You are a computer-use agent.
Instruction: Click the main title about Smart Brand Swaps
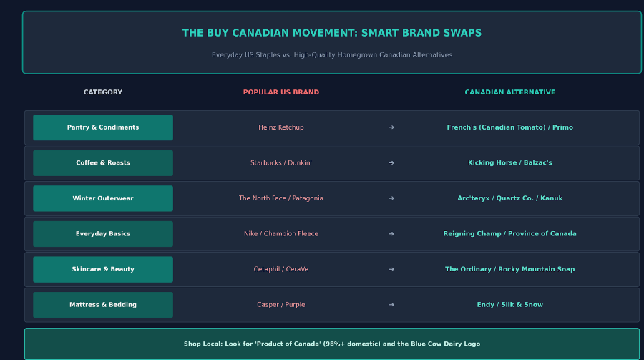(332, 33)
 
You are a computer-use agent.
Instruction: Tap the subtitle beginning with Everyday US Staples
(332, 54)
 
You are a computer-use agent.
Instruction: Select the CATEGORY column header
(103, 92)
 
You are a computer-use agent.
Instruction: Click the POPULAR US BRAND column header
(281, 92)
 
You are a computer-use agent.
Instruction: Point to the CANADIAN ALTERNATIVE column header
(509, 92)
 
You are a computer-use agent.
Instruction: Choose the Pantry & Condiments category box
(103, 127)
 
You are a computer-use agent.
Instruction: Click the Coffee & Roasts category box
(103, 162)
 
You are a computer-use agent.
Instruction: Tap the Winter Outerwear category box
(103, 198)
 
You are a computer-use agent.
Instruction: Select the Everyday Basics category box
(103, 234)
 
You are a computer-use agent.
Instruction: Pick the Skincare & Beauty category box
(103, 269)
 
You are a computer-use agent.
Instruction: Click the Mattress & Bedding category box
(103, 305)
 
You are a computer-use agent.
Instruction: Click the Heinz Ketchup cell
(281, 127)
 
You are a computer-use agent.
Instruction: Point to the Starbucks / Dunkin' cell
(281, 162)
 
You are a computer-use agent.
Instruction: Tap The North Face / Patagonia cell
(281, 198)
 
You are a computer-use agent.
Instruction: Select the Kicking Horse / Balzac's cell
(509, 162)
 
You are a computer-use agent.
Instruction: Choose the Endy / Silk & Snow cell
(509, 304)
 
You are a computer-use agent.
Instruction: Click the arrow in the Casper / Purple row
(391, 304)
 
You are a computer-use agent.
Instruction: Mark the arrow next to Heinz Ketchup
(391, 127)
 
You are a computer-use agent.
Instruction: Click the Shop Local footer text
(332, 344)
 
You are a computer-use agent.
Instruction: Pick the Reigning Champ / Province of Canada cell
(509, 233)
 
